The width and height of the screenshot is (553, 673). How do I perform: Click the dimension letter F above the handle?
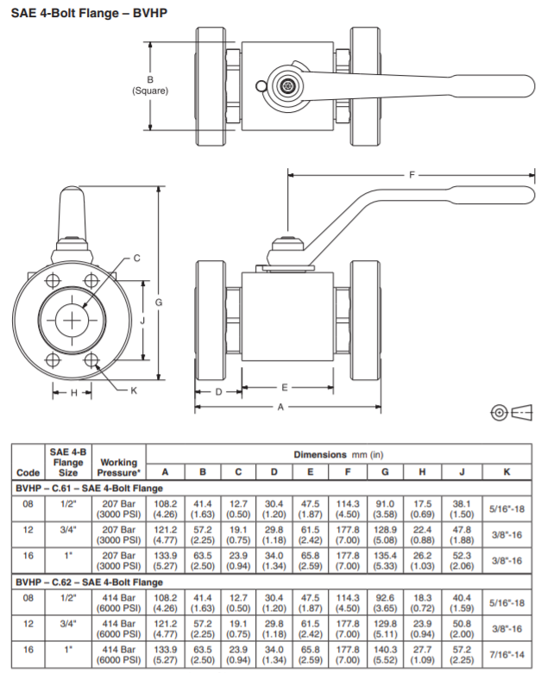pos(412,175)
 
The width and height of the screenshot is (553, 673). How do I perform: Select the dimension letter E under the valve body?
pos(284,388)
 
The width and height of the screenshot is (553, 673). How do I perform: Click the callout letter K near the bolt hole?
pos(134,390)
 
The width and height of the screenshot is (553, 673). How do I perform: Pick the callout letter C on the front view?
pos(136,258)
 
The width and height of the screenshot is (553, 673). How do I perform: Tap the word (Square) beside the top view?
pos(150,90)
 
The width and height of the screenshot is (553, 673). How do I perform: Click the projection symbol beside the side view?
pos(509,414)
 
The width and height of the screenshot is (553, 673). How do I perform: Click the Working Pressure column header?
pos(120,468)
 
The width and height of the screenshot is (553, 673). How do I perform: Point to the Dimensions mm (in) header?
pos(338,453)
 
